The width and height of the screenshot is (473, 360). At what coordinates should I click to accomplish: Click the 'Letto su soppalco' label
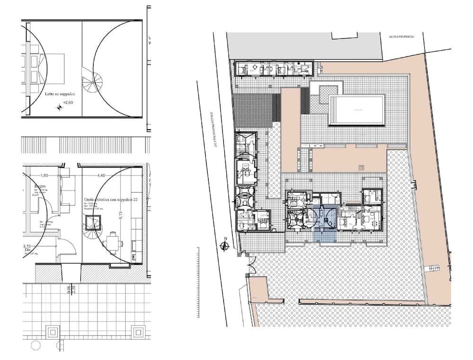60,95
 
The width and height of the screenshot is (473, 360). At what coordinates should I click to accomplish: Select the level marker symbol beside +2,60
60,108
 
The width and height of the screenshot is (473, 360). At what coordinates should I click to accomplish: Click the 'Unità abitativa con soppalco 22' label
111,200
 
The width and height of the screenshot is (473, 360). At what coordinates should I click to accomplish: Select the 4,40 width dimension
101,176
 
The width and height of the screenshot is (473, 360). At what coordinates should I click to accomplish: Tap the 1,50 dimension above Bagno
44,176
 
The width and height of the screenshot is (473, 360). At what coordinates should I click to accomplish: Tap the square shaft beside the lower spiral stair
94,221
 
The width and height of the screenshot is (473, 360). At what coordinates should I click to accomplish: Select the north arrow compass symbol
226,246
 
